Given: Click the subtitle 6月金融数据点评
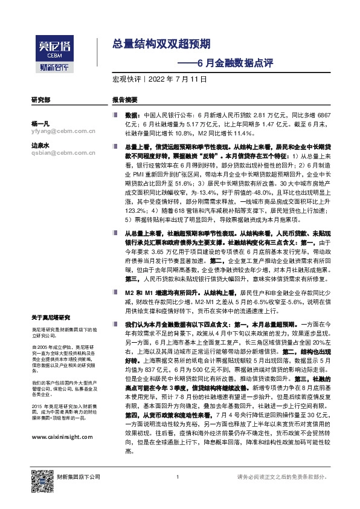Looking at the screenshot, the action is [224, 62].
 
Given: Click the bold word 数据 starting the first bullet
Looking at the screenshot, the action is [133, 114].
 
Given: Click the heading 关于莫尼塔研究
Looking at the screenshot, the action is [51, 317].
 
